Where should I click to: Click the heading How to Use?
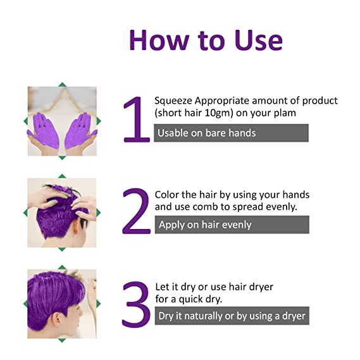pyautogui.click(x=205, y=39)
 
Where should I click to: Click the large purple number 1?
pyautogui.click(x=136, y=120)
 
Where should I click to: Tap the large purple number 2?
pyautogui.click(x=136, y=211)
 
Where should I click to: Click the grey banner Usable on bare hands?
pyautogui.click(x=231, y=133)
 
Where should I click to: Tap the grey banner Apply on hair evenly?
pyautogui.click(x=232, y=225)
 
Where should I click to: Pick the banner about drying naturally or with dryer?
pyautogui.click(x=232, y=316)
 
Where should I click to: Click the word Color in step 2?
pyautogui.click(x=168, y=194)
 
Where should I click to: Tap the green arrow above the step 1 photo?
pyautogui.click(x=62, y=84)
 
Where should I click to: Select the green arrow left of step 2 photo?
pyautogui.click(x=26, y=213)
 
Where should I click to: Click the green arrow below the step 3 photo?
pyautogui.click(x=62, y=340)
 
